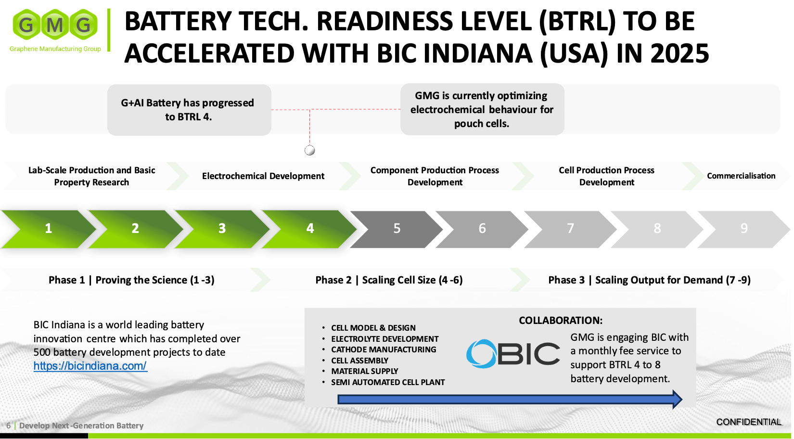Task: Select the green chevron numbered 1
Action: tap(48, 229)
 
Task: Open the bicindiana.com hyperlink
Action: tap(90, 366)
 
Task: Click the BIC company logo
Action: tap(513, 354)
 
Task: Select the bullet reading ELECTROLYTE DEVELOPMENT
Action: tap(384, 339)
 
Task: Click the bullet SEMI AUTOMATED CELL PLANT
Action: tap(388, 382)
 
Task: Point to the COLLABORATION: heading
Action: tap(561, 321)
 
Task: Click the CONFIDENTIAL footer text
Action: tap(748, 422)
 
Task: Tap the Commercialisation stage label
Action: tap(741, 176)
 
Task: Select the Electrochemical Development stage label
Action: tap(263, 176)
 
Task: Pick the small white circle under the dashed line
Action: tap(310, 151)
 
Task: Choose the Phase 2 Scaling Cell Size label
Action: tap(389, 280)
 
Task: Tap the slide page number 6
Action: tap(8, 426)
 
